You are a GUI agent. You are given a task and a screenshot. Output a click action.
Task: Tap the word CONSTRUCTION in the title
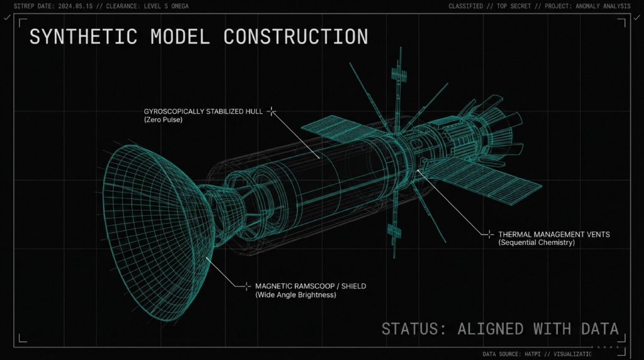[296, 37]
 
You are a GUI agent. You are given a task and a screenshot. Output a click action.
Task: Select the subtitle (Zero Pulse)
[163, 120]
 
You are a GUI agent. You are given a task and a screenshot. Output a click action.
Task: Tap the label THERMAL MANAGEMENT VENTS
[553, 234]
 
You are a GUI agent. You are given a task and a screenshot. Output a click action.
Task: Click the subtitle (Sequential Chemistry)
[536, 242]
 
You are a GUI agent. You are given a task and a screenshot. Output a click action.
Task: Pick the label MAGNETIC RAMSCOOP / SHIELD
[310, 286]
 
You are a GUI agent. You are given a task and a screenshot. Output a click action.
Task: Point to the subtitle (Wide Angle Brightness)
[296, 295]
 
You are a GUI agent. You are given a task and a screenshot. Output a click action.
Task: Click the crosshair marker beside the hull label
[272, 111]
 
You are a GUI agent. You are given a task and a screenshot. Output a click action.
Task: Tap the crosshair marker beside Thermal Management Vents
[489, 234]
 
